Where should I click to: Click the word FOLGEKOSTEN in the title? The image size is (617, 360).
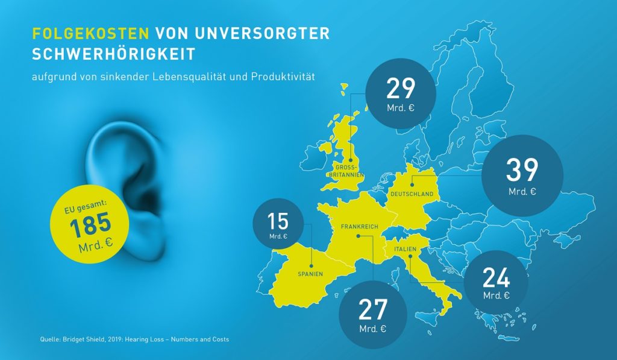click(x=90, y=33)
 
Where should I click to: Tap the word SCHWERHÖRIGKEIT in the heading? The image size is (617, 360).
click(x=114, y=54)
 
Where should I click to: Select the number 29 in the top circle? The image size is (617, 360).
click(x=401, y=88)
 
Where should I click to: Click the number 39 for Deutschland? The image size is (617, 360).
click(x=522, y=170)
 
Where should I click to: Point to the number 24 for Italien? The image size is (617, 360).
click(x=496, y=278)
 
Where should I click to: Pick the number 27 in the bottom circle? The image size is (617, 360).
click(x=372, y=309)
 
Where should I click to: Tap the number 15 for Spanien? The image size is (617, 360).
click(x=278, y=221)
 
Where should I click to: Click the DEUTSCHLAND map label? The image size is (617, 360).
click(x=412, y=195)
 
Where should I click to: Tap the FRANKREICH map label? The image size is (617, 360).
click(x=359, y=227)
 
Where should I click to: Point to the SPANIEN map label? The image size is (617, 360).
click(x=311, y=274)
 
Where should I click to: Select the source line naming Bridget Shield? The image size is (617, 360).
click(x=134, y=339)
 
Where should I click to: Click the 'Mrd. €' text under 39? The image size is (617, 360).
click(x=522, y=192)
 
